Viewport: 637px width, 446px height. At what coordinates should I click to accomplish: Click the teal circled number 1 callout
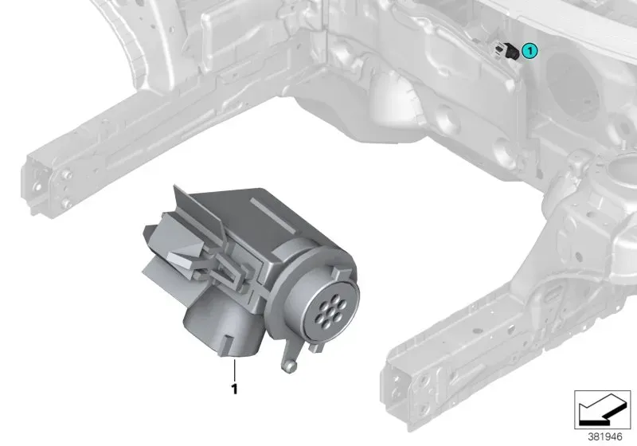coord(530,51)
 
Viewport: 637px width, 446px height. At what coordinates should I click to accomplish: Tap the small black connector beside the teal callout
coord(511,52)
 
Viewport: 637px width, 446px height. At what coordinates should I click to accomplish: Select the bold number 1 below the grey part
coord(234,389)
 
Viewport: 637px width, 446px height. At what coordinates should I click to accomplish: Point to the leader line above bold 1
coord(234,370)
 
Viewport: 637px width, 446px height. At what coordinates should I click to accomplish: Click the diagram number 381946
coord(605,437)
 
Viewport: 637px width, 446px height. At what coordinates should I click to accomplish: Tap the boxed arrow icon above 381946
coord(602,409)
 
